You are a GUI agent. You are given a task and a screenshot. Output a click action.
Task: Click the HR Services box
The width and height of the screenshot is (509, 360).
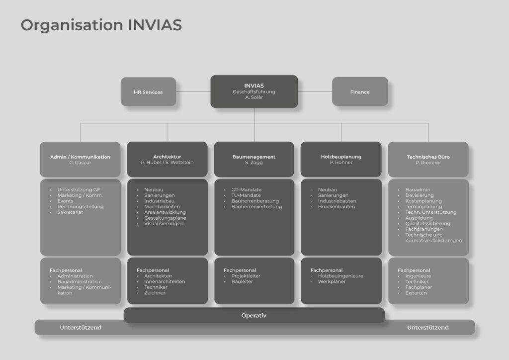(148, 92)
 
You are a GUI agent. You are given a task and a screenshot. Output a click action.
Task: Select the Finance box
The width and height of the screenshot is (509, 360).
(360, 92)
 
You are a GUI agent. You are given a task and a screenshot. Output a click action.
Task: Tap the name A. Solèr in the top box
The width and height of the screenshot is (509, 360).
(254, 97)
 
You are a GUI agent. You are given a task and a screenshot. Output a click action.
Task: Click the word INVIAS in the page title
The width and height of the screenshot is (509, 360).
(155, 25)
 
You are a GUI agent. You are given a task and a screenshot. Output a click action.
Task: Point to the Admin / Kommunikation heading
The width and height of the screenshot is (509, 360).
(80, 157)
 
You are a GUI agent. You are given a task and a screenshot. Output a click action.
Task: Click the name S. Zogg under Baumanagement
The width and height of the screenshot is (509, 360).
(254, 162)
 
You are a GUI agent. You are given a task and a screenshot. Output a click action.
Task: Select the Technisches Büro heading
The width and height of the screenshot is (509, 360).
(428, 157)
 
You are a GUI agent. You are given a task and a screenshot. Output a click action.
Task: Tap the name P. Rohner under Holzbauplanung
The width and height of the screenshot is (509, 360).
(341, 162)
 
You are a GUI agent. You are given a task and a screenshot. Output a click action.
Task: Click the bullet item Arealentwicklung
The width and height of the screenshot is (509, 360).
(165, 212)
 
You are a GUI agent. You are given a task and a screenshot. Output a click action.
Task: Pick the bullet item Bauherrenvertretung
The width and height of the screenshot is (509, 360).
(256, 206)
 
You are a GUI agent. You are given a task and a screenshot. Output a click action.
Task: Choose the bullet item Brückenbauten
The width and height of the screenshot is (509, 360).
(337, 206)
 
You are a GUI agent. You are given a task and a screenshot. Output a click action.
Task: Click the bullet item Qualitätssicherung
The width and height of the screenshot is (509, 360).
(427, 224)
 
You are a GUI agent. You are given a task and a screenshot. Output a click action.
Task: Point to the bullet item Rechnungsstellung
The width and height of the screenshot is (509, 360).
(81, 206)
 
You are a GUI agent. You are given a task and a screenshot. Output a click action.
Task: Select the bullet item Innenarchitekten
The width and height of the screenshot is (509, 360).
(165, 281)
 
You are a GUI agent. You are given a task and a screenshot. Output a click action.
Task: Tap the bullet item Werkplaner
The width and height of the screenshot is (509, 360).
(332, 281)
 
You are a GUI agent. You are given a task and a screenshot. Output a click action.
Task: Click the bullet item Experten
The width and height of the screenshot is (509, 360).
(416, 293)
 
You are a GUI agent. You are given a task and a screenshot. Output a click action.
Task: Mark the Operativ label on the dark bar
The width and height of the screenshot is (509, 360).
(254, 316)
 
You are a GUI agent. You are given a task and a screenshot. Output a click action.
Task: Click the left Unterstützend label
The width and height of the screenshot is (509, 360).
(81, 328)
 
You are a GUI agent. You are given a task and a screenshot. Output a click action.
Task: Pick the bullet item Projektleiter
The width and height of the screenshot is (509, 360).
(246, 276)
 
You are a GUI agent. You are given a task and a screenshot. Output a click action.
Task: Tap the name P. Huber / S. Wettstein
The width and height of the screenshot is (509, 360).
(167, 162)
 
